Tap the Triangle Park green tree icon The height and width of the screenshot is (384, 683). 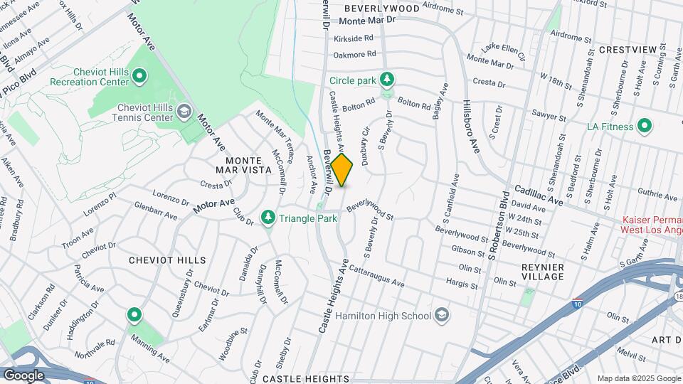coord(268,217)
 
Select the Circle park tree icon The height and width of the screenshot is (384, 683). coord(387,79)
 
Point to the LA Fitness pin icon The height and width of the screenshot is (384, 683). coord(645,126)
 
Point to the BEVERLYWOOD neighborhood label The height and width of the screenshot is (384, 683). coord(381,8)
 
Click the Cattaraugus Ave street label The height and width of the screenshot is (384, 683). coord(376,277)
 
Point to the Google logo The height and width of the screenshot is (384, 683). coord(23,375)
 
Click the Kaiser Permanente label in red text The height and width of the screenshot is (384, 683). coord(652,225)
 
